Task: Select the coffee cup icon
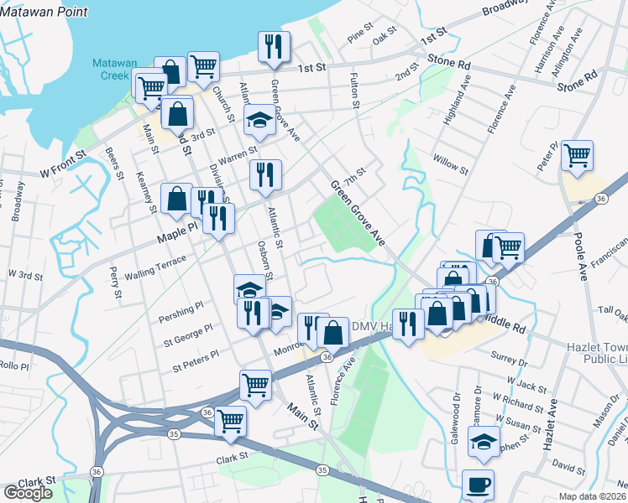click(x=478, y=485)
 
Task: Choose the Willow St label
click(x=451, y=163)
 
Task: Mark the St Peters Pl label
click(x=195, y=361)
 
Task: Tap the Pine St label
click(x=359, y=36)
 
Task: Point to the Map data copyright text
click(x=590, y=496)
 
